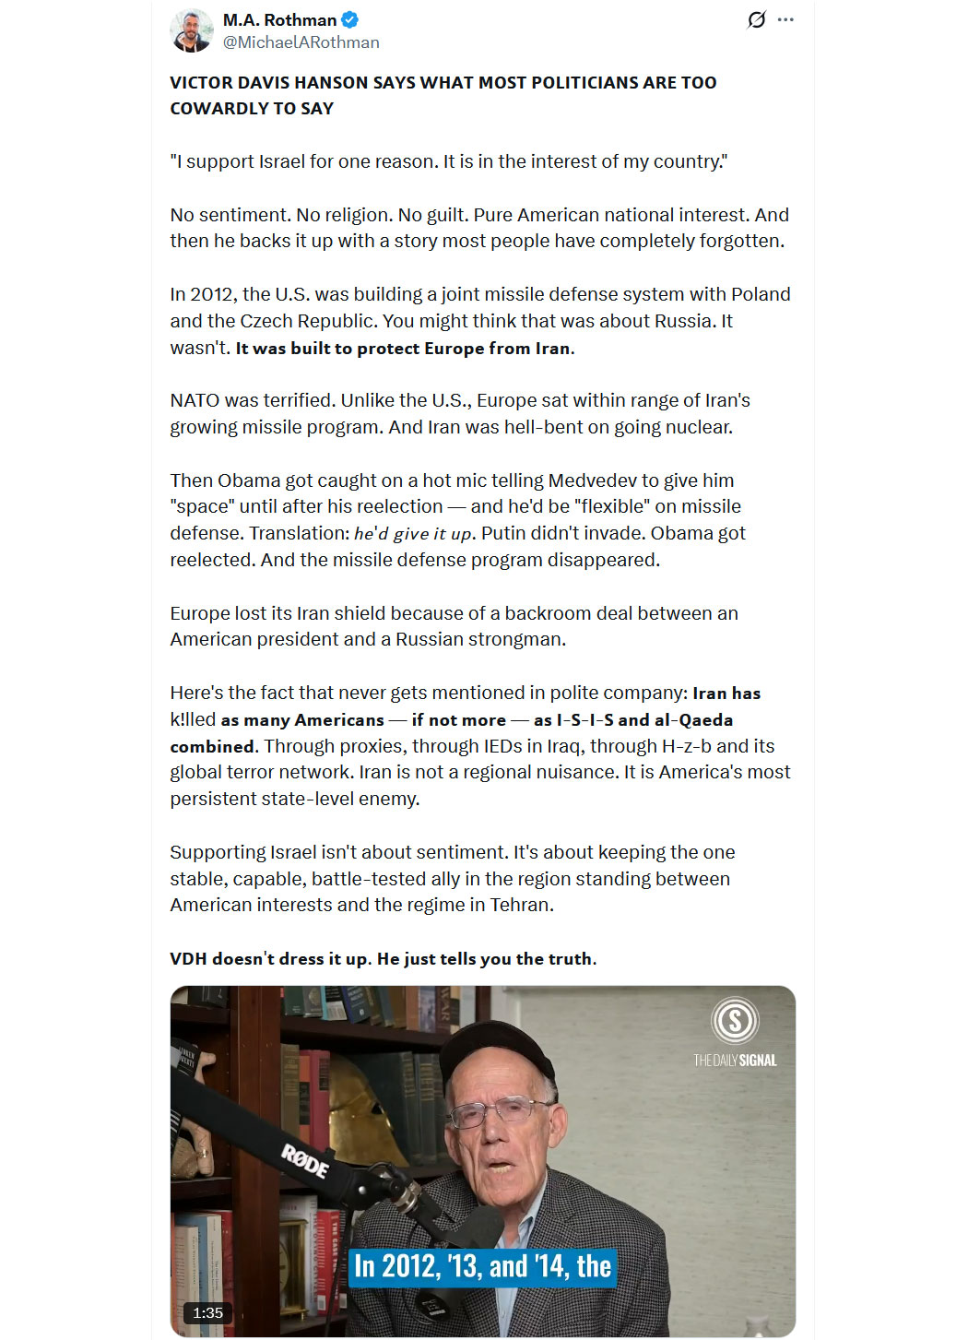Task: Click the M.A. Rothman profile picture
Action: (192, 30)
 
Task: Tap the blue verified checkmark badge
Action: (350, 19)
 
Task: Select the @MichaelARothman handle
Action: (301, 42)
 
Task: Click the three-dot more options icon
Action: (785, 19)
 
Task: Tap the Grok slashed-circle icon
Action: (756, 19)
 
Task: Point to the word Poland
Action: (761, 294)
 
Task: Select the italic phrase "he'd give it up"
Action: (413, 534)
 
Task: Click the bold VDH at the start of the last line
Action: (188, 959)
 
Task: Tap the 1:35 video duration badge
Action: (208, 1312)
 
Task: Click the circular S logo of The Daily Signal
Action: (735, 1021)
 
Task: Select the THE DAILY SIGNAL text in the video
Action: (735, 1061)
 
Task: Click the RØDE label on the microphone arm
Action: (305, 1161)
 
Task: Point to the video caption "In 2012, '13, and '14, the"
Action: (482, 1267)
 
